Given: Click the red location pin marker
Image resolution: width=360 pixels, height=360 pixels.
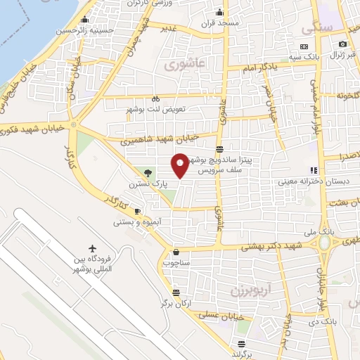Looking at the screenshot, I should click(180, 165).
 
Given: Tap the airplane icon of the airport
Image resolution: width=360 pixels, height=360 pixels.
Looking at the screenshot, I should click(93, 249).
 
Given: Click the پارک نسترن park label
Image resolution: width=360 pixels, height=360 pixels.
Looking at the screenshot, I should click(144, 184).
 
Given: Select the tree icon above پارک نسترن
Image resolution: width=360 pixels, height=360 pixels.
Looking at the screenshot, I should click(147, 173).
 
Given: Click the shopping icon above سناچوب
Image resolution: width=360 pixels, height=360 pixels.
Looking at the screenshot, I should click(175, 252).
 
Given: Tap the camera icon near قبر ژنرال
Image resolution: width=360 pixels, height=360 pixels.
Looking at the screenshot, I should click(342, 44).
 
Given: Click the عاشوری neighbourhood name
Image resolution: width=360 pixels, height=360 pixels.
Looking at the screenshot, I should click(184, 65).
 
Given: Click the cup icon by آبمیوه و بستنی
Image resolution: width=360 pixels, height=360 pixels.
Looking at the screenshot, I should click(138, 212).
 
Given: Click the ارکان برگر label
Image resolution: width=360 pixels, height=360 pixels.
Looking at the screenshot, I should click(176, 302).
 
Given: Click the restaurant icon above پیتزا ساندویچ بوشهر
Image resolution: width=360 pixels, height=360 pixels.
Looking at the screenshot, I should click(220, 149).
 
